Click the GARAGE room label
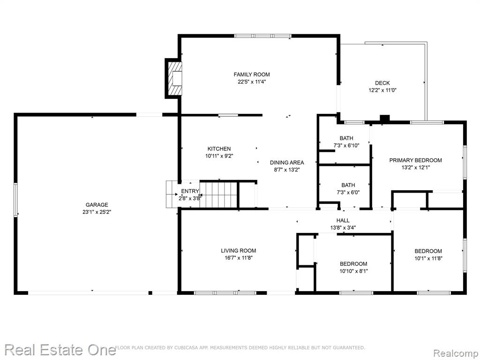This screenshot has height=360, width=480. click(97, 205)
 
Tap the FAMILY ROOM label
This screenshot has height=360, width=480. click(252, 75)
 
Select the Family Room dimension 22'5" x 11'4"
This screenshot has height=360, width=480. click(252, 82)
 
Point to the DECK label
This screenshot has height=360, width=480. click(382, 83)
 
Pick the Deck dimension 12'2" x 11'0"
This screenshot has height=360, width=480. click(382, 90)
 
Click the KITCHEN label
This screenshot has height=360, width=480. click(219, 149)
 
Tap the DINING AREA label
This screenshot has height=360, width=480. click(287, 163)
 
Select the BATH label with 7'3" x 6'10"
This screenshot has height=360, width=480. click(346, 138)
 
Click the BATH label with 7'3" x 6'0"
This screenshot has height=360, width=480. click(348, 185)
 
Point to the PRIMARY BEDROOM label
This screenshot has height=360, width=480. click(415, 160)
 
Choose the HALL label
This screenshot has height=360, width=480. click(343, 220)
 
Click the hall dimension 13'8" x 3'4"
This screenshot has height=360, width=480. click(343, 228)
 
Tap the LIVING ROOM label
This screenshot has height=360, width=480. click(239, 251)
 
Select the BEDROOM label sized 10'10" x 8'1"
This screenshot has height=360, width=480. click(353, 264)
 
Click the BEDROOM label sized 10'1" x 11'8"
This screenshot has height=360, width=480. click(428, 251)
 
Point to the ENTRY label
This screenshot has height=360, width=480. click(190, 191)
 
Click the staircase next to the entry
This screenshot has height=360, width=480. click(218, 195)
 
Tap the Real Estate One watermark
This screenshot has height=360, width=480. click(60, 350)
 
